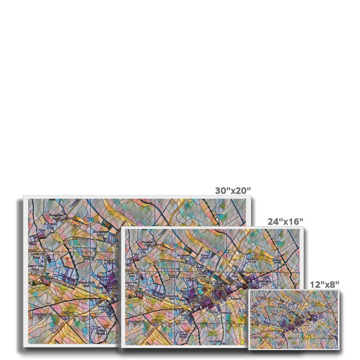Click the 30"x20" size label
pyautogui.click(x=233, y=190)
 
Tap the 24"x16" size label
pyautogui.click(x=285, y=221)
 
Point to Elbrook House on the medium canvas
pyautogui.click(x=205, y=256)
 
